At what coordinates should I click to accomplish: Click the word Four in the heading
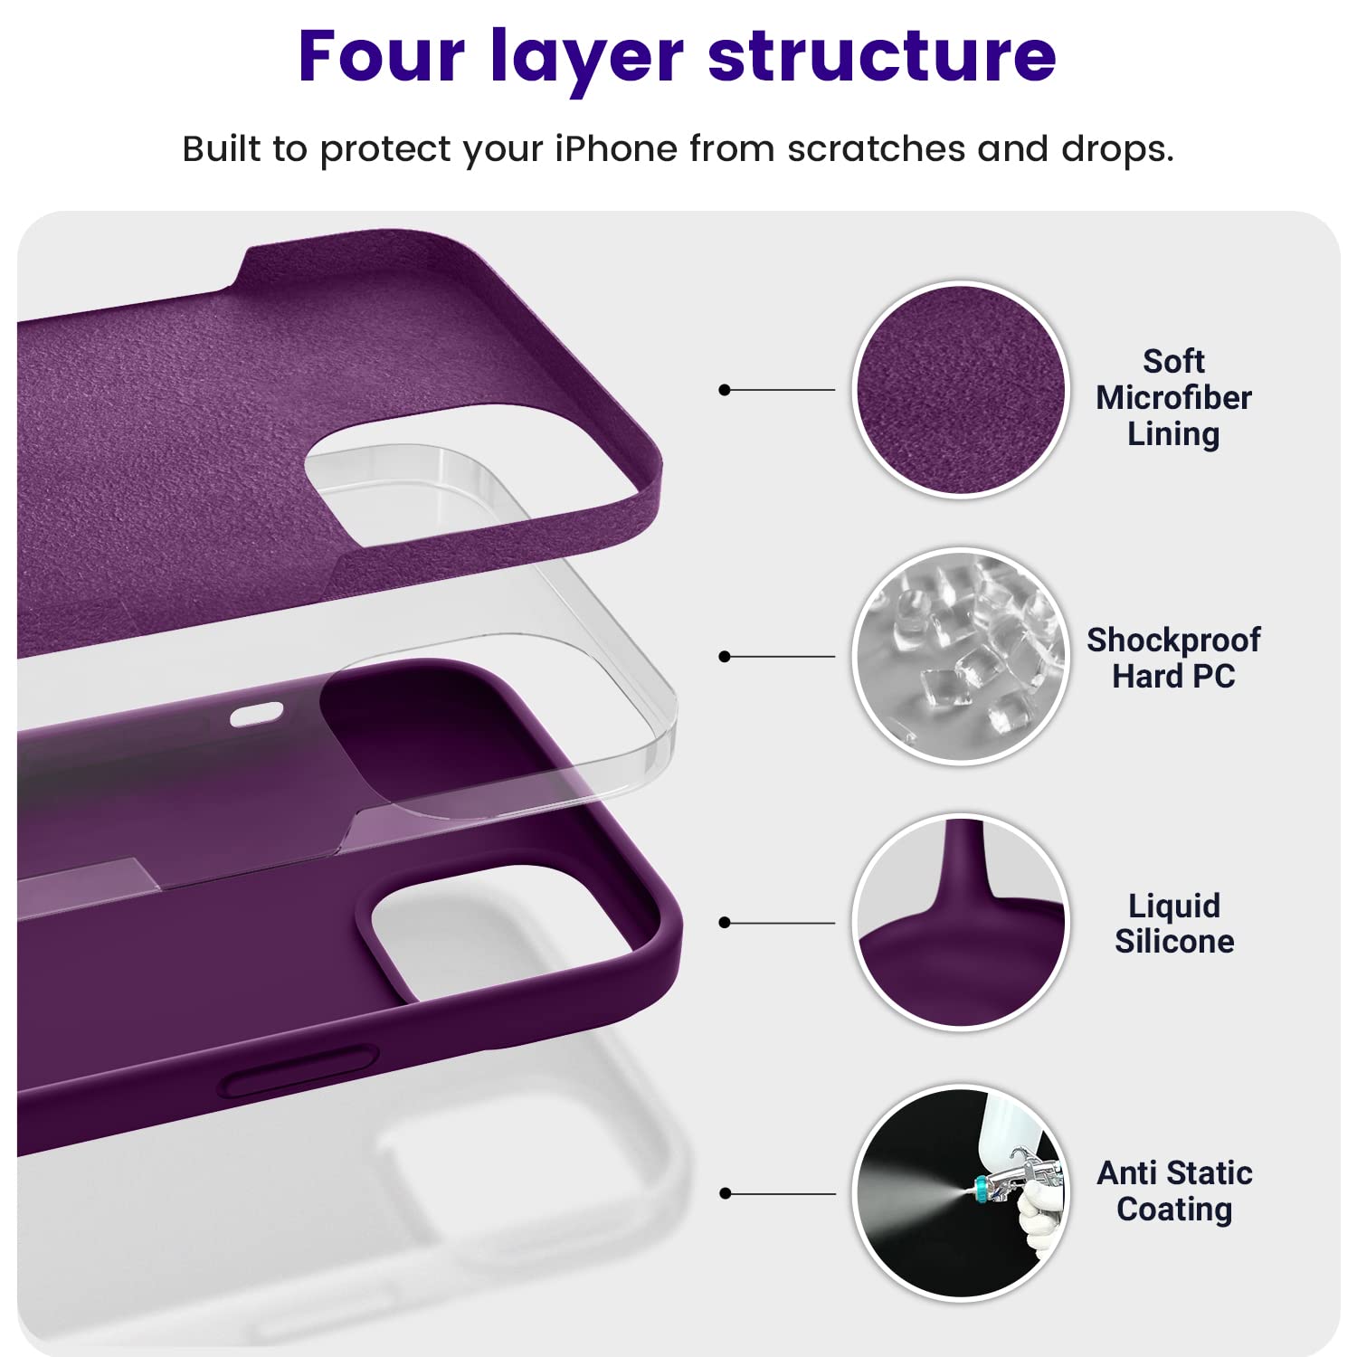(381, 56)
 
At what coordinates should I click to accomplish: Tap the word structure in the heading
(882, 56)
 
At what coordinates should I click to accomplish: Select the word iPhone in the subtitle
(615, 149)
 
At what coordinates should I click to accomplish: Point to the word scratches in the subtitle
(876, 149)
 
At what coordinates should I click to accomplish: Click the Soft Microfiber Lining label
(1173, 398)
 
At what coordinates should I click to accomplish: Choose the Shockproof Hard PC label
(1173, 658)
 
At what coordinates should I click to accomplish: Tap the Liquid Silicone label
(1173, 924)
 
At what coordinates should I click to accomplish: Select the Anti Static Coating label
(1174, 1191)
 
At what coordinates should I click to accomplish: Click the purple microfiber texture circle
(961, 390)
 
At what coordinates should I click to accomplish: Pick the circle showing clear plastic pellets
(961, 656)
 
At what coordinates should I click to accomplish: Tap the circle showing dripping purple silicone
(961, 922)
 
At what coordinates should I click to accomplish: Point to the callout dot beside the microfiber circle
(724, 390)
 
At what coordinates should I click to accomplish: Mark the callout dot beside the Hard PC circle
(724, 656)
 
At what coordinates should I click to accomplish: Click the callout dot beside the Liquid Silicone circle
(724, 923)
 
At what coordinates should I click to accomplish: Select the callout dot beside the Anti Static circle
(724, 1193)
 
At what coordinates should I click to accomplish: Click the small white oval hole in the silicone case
(256, 716)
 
